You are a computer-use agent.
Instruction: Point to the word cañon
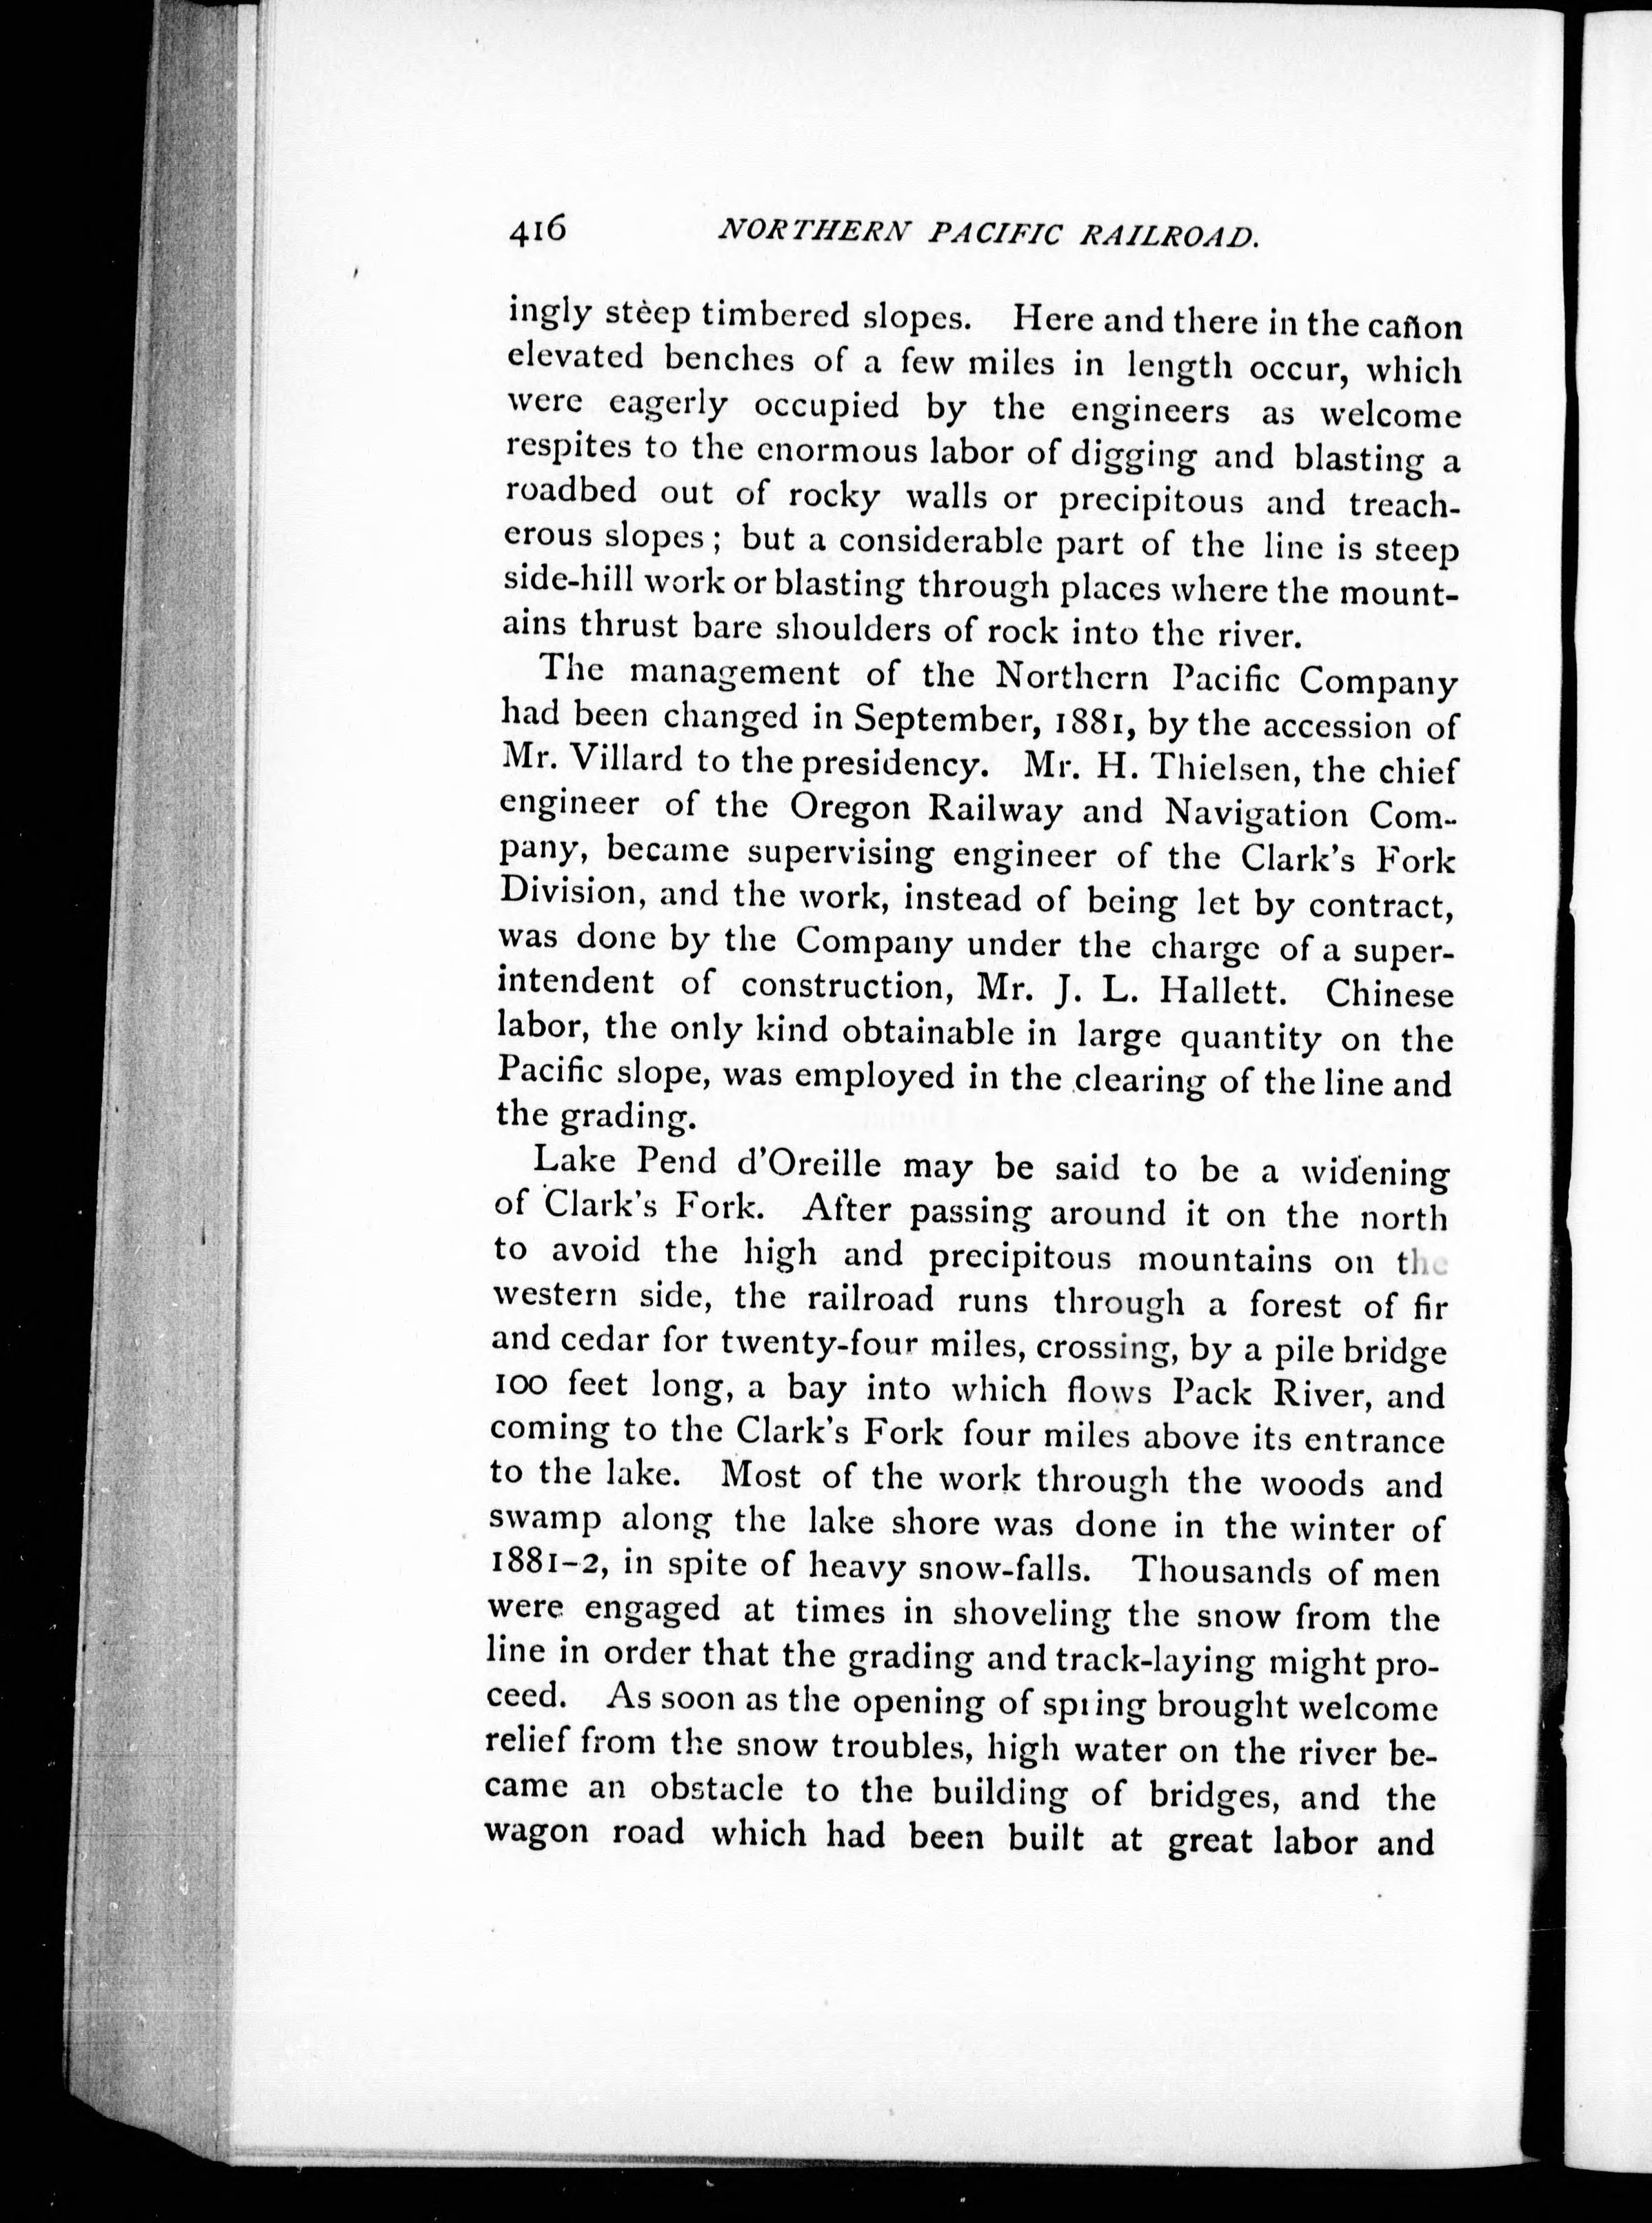pos(1410,326)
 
